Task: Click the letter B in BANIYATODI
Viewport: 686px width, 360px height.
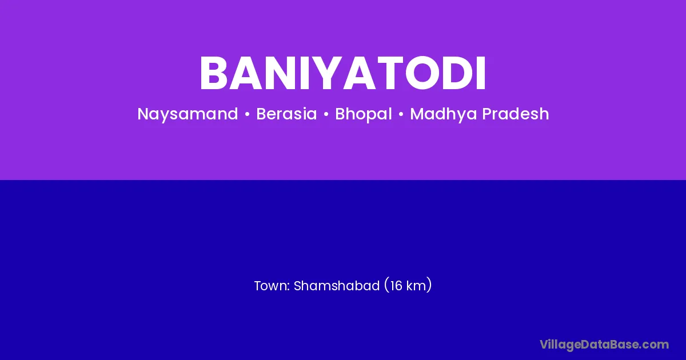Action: tap(214, 73)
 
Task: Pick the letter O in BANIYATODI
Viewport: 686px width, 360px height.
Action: tap(422, 73)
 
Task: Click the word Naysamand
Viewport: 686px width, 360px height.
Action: tap(188, 114)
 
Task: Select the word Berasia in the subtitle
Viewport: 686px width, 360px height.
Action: tap(286, 114)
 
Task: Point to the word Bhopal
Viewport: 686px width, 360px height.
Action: tap(363, 114)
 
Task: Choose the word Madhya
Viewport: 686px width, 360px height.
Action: tap(444, 114)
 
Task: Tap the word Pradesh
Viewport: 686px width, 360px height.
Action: tap(516, 114)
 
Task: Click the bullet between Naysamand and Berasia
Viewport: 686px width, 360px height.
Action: tap(247, 114)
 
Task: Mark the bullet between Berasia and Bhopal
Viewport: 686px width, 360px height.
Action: tap(326, 114)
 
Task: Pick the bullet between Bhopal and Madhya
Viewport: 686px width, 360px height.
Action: tap(401, 114)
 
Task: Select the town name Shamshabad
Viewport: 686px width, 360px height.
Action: tap(337, 286)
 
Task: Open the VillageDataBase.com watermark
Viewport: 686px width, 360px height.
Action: tap(604, 345)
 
